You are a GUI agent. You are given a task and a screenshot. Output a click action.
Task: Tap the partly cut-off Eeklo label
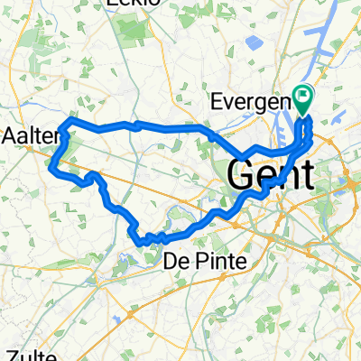click(x=132, y=4)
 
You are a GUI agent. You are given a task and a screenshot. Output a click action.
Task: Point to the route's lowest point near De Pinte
click(x=143, y=242)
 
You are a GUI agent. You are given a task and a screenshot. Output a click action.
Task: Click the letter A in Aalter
click(x=11, y=135)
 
